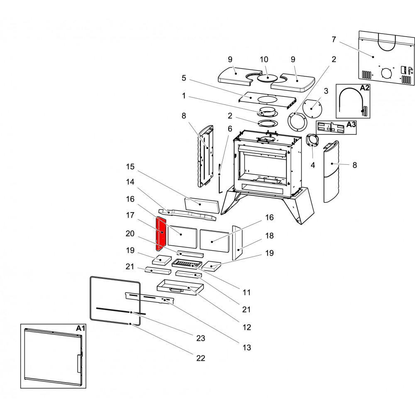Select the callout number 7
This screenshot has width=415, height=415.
point(334,39)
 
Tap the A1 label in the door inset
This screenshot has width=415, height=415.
point(81,328)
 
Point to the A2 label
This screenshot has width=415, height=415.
point(364,88)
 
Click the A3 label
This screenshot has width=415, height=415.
point(351,124)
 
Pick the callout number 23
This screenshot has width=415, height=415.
point(200,339)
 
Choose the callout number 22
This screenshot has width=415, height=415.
point(200,358)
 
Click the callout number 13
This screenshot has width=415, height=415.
point(247,348)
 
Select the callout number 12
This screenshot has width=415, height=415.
point(247,327)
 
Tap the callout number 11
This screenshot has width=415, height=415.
point(247,293)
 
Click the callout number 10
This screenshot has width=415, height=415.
point(264,60)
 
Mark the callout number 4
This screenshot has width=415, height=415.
point(313,165)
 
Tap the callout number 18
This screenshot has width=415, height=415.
point(269,236)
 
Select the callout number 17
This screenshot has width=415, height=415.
point(130,215)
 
